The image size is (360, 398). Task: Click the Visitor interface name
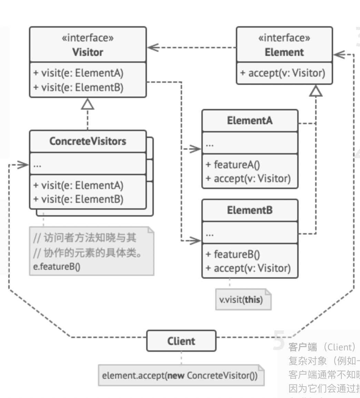tap(88, 52)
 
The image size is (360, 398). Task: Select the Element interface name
tap(284, 52)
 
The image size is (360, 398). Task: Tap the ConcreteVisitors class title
tap(88, 141)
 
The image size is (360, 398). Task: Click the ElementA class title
tap(250, 121)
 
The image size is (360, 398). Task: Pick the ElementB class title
tap(250, 210)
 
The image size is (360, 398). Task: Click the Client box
tap(181, 341)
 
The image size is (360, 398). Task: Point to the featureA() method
tap(233, 165)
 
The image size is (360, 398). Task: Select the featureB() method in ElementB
tap(233, 255)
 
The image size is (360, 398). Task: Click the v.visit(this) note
tap(241, 300)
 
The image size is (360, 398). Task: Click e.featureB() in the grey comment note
tap(57, 267)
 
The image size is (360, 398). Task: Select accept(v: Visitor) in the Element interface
tap(283, 73)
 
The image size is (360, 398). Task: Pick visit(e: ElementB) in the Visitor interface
tap(78, 87)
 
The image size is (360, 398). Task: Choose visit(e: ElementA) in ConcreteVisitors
tap(78, 186)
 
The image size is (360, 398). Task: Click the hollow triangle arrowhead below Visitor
tap(88, 104)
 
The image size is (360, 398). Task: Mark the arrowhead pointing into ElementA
tap(196, 149)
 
